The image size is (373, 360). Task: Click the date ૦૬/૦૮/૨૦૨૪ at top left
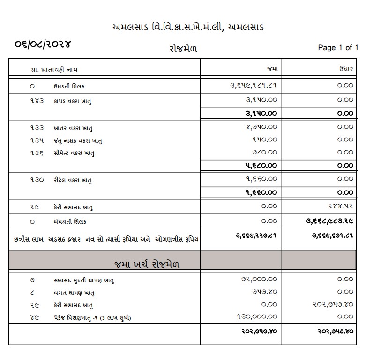[42, 45]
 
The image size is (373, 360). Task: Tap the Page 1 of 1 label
[338, 47]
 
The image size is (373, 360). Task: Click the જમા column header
[272, 69]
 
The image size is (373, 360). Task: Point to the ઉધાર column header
[346, 69]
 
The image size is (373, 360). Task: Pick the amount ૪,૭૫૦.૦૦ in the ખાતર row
[261, 127]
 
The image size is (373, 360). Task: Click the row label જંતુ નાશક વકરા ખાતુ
[78, 140]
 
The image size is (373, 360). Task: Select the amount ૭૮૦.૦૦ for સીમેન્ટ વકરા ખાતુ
[265, 152]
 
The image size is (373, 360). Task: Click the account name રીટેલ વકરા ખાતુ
[73, 179]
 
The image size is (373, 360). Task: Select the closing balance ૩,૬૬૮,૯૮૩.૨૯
[327, 221]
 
